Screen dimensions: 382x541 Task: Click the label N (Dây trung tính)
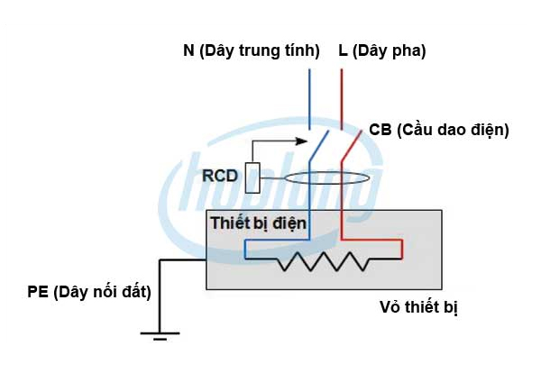pyautogui.click(x=252, y=51)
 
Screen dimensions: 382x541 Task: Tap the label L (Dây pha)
pyautogui.click(x=382, y=51)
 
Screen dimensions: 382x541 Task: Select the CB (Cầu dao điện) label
pyautogui.click(x=439, y=130)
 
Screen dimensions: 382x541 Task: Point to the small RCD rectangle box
pyautogui.click(x=254, y=177)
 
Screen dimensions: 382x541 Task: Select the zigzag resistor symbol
pyautogui.click(x=322, y=261)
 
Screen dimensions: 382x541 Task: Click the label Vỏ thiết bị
pyautogui.click(x=419, y=307)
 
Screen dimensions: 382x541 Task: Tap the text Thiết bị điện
pyautogui.click(x=259, y=222)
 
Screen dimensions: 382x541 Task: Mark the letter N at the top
pyautogui.click(x=188, y=51)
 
